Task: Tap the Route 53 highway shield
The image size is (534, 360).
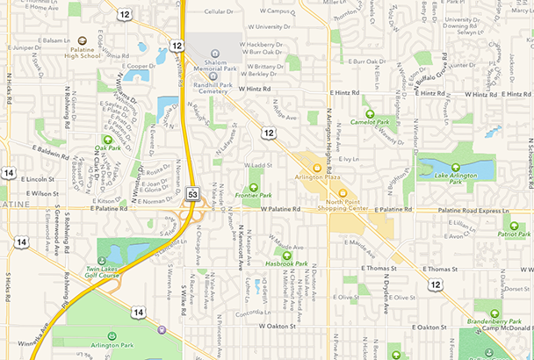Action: [x=192, y=192]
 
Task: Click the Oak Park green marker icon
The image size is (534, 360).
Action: [x=107, y=139]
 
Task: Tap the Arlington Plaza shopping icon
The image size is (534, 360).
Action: [x=316, y=167]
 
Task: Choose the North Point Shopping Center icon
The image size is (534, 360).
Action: [x=343, y=193]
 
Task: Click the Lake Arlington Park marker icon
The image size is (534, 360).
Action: [x=455, y=167]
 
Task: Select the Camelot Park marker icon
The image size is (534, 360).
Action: [x=371, y=113]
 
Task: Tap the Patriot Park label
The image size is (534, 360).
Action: [x=513, y=234]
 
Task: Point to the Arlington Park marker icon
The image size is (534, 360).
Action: [x=112, y=335]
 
